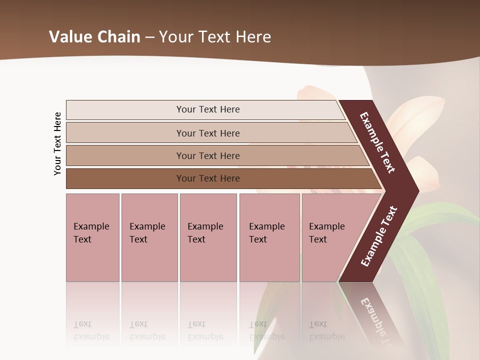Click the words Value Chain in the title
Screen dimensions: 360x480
[x=94, y=37]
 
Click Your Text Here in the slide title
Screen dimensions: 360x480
[x=215, y=37]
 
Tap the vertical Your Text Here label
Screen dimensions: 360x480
[x=58, y=144]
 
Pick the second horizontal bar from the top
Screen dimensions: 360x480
[x=208, y=133]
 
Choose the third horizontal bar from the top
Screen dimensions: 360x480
[x=208, y=155]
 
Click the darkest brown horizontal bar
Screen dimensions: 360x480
[x=208, y=178]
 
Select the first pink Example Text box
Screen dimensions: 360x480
[x=92, y=237]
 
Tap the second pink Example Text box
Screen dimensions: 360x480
[x=149, y=237]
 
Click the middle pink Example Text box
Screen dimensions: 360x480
[x=208, y=237]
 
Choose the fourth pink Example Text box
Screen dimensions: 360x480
[x=269, y=237]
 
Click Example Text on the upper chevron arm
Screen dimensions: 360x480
[x=378, y=142]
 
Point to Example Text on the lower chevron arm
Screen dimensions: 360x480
[x=379, y=236]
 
